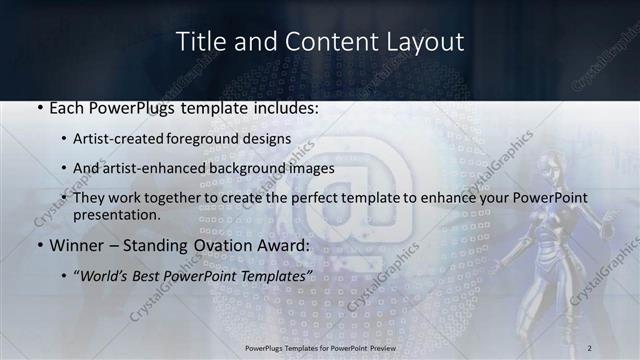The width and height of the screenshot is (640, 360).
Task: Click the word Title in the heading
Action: (x=198, y=42)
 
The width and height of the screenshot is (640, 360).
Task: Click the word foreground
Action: (x=229, y=139)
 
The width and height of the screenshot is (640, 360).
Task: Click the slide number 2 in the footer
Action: (x=589, y=347)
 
